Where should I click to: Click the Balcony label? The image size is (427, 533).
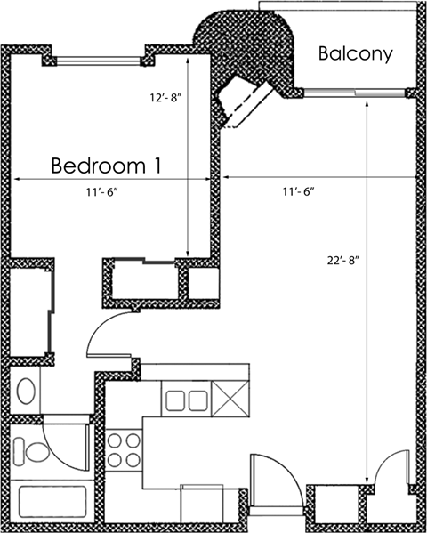pyautogui.click(x=356, y=54)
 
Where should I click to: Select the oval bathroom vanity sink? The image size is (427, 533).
pyautogui.click(x=28, y=391)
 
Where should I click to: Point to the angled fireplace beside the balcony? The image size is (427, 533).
pyautogui.click(x=245, y=100)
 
